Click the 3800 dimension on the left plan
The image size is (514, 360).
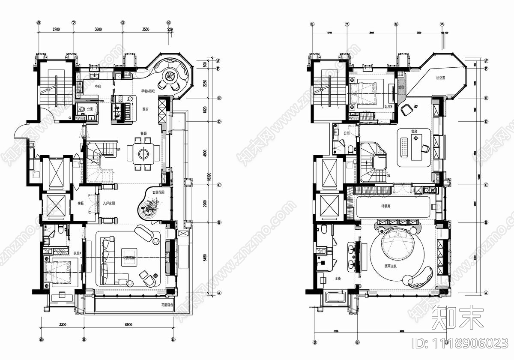(x=98, y=30)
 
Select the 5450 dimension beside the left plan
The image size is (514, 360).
(x=205, y=258)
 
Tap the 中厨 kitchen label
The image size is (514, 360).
(x=98, y=87)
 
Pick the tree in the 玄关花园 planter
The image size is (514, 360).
(x=149, y=209)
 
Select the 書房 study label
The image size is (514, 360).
(x=415, y=138)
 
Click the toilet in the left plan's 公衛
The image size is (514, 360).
(x=82, y=110)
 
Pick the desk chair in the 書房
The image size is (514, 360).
(x=424, y=148)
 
